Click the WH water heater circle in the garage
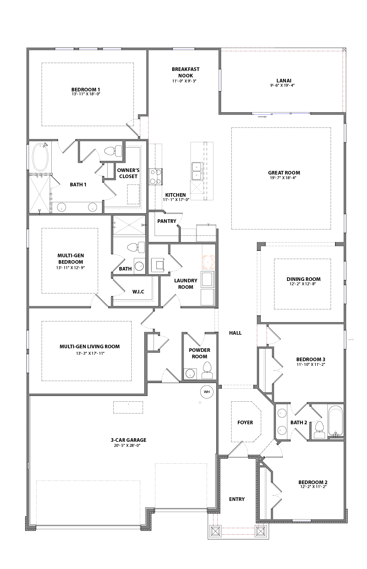tap(207, 392)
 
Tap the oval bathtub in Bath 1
tap(40, 157)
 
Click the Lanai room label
tap(284, 81)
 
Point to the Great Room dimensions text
tap(284, 178)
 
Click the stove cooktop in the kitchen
tap(155, 177)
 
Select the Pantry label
tap(166, 221)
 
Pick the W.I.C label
tap(138, 292)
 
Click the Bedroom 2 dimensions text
tap(313, 487)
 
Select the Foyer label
tap(245, 422)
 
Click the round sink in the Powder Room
tap(189, 373)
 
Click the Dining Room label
tap(304, 279)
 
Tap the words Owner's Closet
tap(128, 173)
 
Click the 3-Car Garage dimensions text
tap(128, 446)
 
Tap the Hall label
tap(235, 333)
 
